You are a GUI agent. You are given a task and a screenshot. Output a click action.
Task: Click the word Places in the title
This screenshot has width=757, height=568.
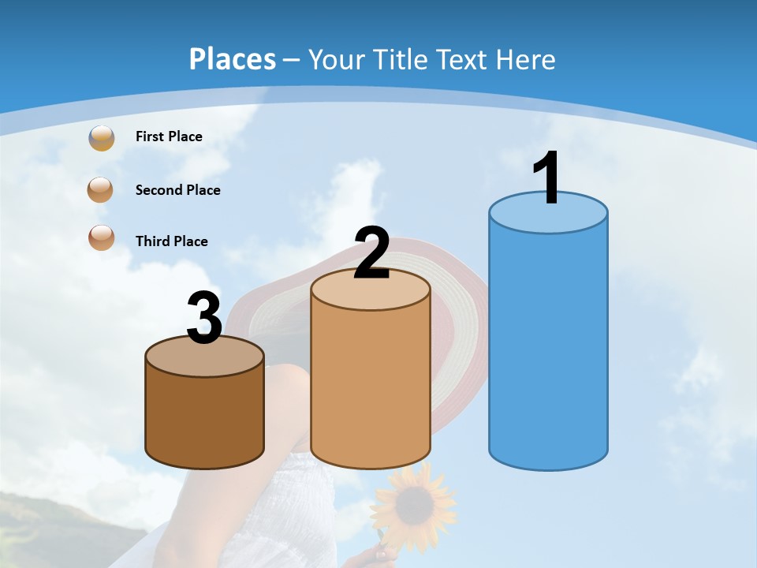point(233,59)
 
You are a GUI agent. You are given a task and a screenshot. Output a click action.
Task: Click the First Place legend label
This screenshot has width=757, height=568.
point(169,136)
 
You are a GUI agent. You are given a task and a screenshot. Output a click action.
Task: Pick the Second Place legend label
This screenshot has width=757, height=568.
point(177,190)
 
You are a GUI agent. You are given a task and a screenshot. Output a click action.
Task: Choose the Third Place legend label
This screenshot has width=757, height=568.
point(171,241)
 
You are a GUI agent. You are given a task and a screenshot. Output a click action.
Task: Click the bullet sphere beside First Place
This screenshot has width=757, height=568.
point(101,138)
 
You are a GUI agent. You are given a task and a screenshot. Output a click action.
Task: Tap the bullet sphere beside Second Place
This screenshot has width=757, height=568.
point(100,190)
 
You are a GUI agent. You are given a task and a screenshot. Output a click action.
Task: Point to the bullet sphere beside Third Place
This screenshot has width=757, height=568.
point(101,237)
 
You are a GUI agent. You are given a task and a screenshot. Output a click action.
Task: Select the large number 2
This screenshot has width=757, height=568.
point(372,254)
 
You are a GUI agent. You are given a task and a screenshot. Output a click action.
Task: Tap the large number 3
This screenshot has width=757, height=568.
point(204,318)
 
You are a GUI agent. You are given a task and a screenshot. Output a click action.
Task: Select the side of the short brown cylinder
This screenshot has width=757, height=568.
point(204,418)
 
